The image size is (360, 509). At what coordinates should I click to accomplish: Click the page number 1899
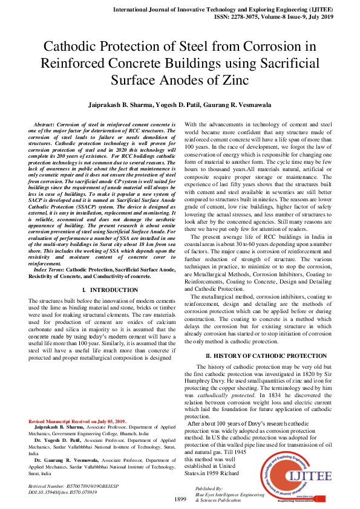180,499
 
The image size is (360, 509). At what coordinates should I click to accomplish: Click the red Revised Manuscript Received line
77,421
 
